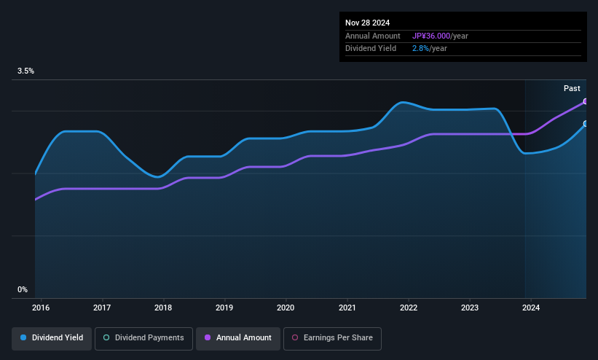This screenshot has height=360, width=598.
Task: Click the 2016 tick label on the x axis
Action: click(x=41, y=308)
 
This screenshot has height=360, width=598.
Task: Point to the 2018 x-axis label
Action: click(x=163, y=308)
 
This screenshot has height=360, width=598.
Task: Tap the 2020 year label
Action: click(x=286, y=308)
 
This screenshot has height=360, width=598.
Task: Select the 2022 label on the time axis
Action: click(x=409, y=308)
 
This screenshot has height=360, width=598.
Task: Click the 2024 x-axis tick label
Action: click(x=531, y=308)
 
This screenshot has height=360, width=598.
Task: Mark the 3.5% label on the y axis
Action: click(x=25, y=71)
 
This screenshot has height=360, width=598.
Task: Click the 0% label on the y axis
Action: click(x=22, y=290)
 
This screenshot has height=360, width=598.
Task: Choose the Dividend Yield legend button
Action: click(x=51, y=338)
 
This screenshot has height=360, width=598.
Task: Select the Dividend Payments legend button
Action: click(x=143, y=338)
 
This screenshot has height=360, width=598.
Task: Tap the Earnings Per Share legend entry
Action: click(x=332, y=338)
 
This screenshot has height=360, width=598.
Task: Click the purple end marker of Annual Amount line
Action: click(x=586, y=101)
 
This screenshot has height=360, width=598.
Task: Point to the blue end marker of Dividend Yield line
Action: click(x=586, y=124)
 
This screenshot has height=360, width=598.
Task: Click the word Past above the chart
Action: click(x=572, y=88)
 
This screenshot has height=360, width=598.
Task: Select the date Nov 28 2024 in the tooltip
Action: click(x=369, y=23)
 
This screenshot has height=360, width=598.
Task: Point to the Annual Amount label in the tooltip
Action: click(x=373, y=36)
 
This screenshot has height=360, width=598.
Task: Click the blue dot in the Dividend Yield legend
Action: click(x=24, y=338)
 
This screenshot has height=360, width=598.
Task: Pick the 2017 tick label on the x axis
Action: click(x=102, y=308)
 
